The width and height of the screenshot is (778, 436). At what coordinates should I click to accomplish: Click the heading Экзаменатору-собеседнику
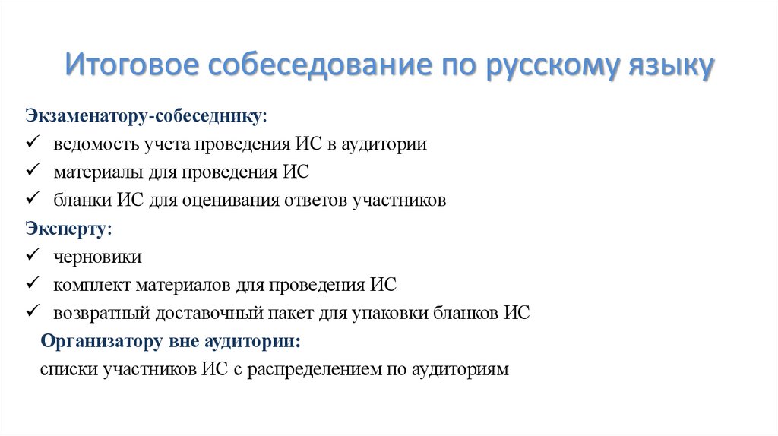147,115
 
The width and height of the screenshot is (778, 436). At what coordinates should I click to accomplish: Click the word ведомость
95,144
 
